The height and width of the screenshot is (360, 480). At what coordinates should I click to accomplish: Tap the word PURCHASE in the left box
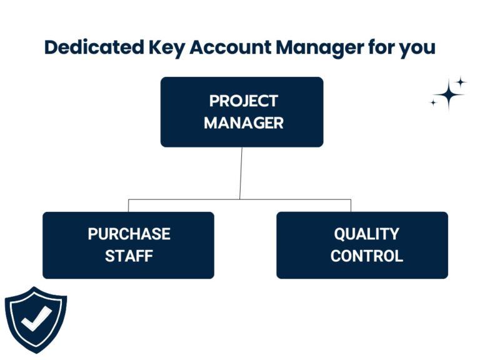[x=129, y=234]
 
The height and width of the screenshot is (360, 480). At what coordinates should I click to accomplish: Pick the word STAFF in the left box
[x=129, y=256]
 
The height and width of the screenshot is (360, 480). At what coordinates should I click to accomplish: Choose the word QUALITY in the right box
[x=366, y=234]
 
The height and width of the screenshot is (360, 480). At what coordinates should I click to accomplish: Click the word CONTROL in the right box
[x=366, y=256]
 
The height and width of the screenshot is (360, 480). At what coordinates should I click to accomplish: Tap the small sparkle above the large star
[x=460, y=82]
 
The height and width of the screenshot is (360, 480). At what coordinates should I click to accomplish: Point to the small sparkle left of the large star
[x=433, y=102]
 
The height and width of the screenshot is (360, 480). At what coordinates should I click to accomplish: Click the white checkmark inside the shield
[x=36, y=319]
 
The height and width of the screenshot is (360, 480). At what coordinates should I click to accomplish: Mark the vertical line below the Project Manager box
[x=241, y=173]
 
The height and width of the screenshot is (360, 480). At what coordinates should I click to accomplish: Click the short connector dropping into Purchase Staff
[x=129, y=206]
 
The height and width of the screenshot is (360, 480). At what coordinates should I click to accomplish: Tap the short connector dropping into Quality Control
[x=351, y=206]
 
